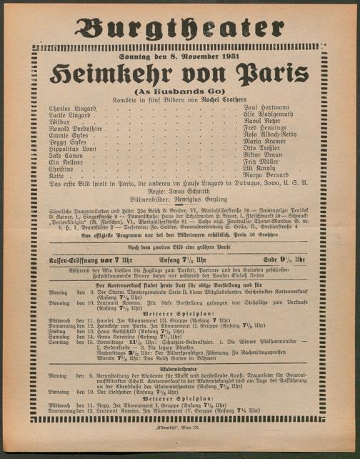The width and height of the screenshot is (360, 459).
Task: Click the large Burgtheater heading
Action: (x=179, y=28)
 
